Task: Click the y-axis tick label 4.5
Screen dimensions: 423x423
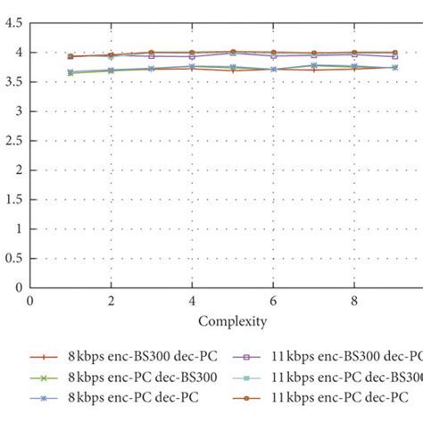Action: [13, 24]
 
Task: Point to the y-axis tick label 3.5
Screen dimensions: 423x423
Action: [13, 82]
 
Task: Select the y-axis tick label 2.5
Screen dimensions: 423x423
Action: [13, 141]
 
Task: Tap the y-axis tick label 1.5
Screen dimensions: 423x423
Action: [13, 199]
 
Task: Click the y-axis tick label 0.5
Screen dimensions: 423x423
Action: [13, 258]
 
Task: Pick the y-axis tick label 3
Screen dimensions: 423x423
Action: [19, 112]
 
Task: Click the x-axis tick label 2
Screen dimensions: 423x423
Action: [111, 303]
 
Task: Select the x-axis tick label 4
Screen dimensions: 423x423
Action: [191, 303]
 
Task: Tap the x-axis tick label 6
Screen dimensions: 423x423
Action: [272, 303]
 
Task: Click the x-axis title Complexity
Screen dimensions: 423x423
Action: [231, 320]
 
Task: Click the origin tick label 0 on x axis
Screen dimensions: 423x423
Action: [30, 303]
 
